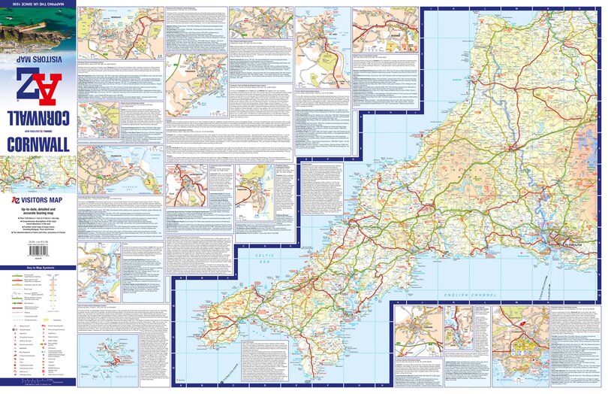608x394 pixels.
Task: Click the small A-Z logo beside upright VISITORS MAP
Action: pos(14,201)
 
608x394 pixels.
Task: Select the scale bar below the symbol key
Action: pos(38,386)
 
